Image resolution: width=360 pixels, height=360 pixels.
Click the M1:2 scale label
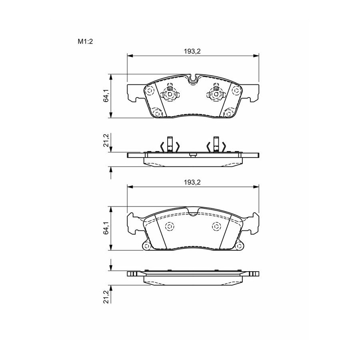coord(85,42)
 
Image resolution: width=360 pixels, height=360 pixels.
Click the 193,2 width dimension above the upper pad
coord(192,52)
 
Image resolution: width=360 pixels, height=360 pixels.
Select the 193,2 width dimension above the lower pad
coord(192,182)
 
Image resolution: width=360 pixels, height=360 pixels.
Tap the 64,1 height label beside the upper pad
coord(106,96)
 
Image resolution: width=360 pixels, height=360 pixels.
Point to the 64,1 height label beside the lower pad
coord(106,228)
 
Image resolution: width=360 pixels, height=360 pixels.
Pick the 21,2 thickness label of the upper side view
coord(106,140)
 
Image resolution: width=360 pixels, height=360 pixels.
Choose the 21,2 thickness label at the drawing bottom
coord(106,297)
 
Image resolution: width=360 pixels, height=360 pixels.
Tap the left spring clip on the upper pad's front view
coord(170,93)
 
